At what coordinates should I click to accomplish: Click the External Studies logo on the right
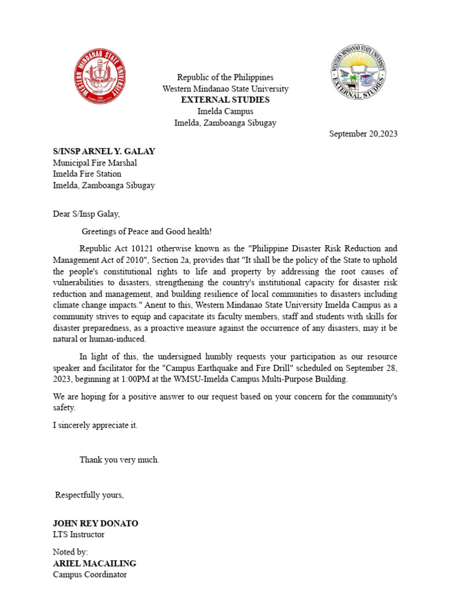click(358, 75)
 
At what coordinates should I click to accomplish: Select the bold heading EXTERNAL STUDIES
click(225, 100)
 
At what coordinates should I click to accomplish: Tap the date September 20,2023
click(363, 134)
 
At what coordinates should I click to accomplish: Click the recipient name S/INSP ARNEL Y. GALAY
click(104, 151)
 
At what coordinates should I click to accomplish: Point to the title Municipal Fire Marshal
click(95, 163)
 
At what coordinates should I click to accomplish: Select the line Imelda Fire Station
click(87, 174)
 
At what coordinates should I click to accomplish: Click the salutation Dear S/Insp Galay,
click(86, 214)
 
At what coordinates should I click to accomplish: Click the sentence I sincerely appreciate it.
click(95, 426)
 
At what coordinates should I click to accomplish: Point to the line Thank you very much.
click(119, 460)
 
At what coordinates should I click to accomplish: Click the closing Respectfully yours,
click(89, 495)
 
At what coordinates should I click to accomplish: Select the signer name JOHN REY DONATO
click(96, 524)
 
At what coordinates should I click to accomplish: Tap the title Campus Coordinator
click(90, 575)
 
